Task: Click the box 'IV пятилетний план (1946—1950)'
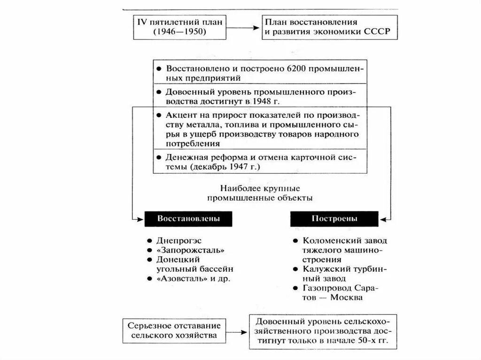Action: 180,27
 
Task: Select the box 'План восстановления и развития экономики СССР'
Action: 329,27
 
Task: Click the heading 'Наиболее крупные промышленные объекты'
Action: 260,193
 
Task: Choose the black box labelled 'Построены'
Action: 334,219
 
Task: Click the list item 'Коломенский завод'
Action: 345,240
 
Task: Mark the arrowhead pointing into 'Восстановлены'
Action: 136,219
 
